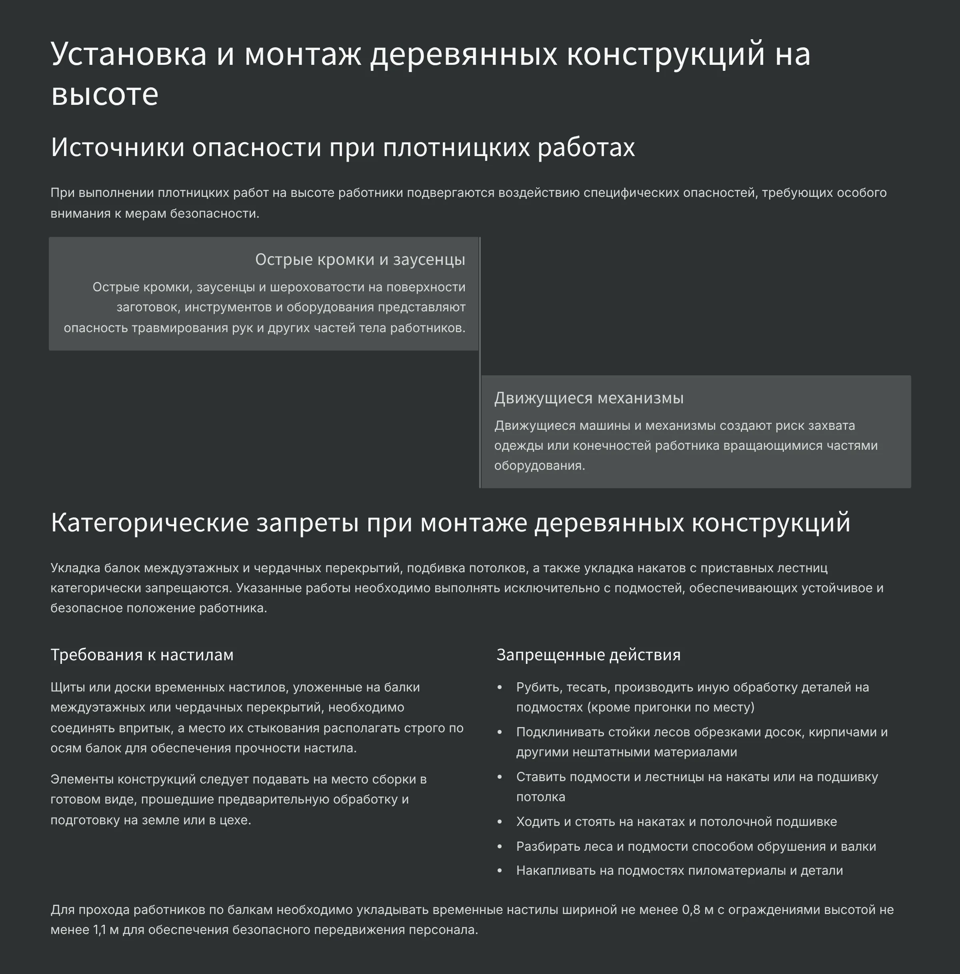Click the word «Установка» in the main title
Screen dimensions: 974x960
point(128,54)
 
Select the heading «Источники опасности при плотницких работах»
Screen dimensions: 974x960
point(343,148)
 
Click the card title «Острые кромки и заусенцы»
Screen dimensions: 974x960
point(360,260)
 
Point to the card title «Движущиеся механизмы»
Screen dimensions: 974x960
point(588,398)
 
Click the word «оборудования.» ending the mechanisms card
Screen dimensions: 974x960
point(539,466)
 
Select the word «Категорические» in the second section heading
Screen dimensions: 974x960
point(150,523)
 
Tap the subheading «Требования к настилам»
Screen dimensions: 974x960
point(142,655)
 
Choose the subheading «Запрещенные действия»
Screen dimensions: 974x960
point(588,655)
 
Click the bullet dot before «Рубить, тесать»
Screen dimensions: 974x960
point(500,687)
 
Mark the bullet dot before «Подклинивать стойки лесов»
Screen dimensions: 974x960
point(500,733)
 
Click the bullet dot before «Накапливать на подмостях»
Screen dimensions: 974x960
point(500,871)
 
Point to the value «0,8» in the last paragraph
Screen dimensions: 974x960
point(691,910)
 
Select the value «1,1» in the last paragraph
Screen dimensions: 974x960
point(99,930)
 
